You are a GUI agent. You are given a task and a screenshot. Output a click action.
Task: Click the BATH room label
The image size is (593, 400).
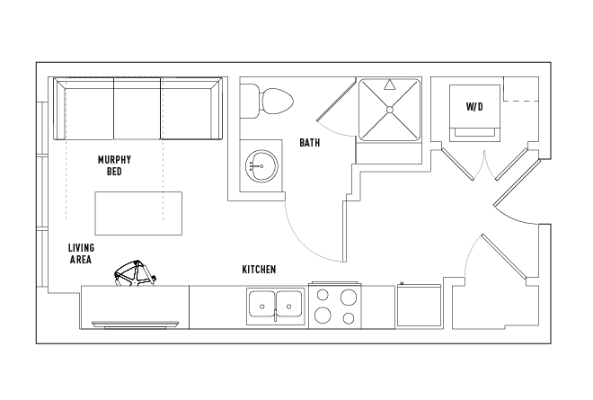309,143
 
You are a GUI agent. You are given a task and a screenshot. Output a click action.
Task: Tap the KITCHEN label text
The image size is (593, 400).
259,270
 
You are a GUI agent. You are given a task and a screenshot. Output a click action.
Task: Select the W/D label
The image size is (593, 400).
474,107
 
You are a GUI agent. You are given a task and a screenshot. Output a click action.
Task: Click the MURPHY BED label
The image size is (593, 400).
114,165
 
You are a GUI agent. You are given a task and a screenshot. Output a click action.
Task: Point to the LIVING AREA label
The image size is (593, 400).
81,253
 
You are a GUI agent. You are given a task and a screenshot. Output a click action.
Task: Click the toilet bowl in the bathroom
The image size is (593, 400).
278,102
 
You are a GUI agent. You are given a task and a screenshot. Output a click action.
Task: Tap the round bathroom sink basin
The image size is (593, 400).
261,166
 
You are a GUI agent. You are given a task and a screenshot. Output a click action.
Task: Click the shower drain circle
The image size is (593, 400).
390,110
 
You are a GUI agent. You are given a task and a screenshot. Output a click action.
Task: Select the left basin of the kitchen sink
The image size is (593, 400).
261,305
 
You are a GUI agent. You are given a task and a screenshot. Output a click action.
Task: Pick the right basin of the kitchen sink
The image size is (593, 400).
289,305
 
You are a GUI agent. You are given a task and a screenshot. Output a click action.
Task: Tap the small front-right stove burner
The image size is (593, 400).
349,318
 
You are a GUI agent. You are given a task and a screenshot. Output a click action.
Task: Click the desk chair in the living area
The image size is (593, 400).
136,273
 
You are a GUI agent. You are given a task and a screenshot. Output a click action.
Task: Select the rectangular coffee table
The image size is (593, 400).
138,213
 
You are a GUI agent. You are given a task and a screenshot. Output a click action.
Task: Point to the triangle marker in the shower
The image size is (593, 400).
389,84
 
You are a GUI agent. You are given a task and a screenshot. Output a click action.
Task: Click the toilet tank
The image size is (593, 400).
250,101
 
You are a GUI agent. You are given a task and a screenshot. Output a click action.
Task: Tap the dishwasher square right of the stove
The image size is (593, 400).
419,305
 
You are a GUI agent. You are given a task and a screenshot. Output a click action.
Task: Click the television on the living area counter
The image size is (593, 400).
135,324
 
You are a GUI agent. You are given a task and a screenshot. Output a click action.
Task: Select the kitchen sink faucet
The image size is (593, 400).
275,315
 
